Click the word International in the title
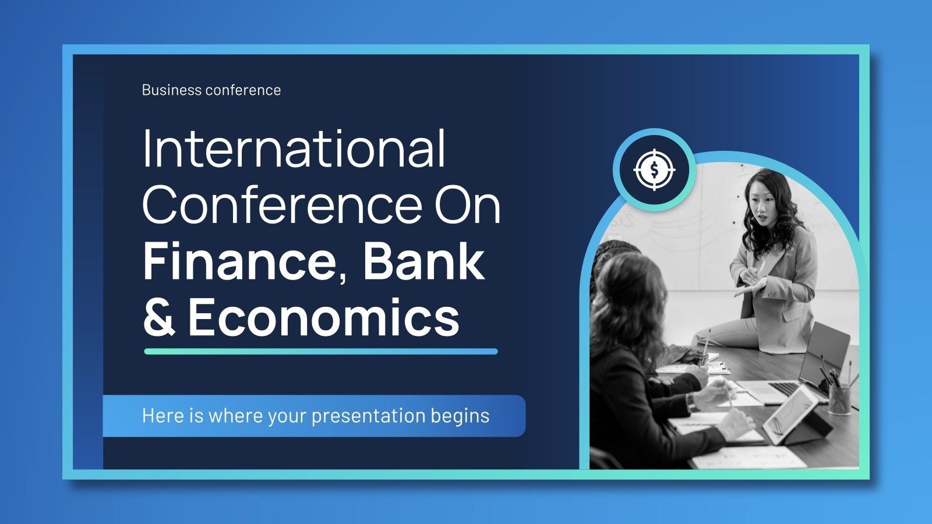point(294,149)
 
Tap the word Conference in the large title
point(282,205)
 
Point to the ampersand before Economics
point(158,318)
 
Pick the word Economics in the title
point(324,318)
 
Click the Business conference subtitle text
point(211,90)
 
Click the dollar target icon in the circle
point(654,170)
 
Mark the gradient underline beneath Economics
point(320,352)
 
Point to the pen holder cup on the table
point(839,399)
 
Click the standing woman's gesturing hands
point(751,284)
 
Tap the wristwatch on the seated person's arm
point(691,401)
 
